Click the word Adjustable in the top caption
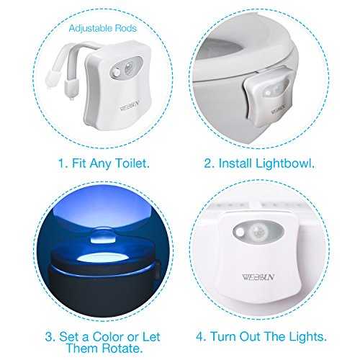click(91, 29)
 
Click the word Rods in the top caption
click(126, 28)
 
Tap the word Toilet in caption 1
click(132, 163)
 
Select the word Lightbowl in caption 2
click(284, 163)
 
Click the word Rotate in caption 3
click(121, 348)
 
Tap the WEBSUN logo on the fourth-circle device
click(258, 277)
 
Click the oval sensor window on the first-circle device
click(125, 67)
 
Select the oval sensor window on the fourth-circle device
click(258, 232)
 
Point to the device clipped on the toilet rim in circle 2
click(269, 98)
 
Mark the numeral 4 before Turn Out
click(200, 336)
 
